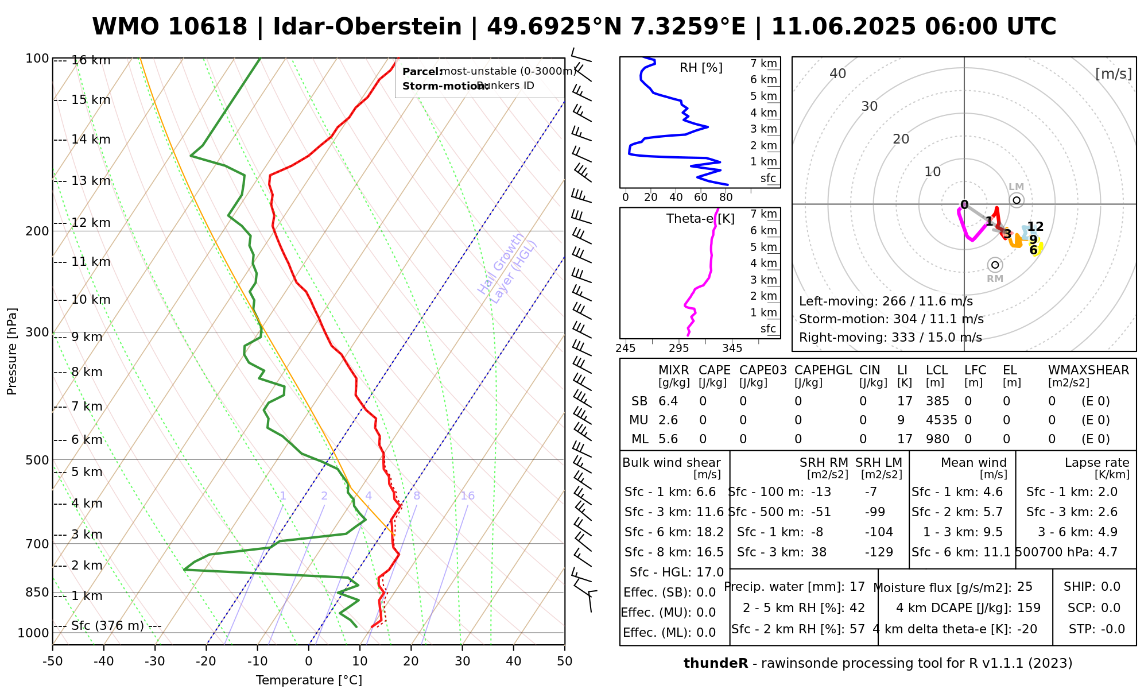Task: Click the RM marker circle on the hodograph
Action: point(995,265)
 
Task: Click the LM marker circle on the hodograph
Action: point(1017,200)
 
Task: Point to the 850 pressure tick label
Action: point(37,592)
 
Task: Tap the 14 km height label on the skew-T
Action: point(91,140)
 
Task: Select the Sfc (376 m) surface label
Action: point(107,625)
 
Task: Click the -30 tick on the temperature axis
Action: point(155,661)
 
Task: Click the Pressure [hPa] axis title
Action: point(12,351)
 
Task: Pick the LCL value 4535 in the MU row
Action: point(941,420)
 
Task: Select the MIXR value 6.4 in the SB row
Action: point(668,401)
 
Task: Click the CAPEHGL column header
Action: point(823,370)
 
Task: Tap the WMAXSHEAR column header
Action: point(1088,370)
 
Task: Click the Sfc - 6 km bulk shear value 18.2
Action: point(710,532)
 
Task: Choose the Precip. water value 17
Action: point(857,587)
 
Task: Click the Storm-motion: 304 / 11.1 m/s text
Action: point(891,319)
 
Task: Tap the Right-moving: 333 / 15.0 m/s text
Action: point(890,338)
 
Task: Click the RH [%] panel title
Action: point(701,68)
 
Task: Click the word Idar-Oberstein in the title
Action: point(367,27)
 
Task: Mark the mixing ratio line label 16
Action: point(467,496)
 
